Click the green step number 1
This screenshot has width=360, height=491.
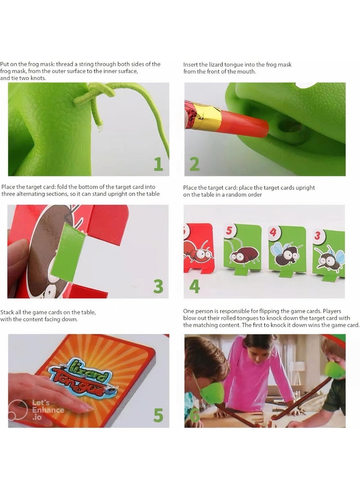(158, 163)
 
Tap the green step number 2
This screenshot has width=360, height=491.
(194, 163)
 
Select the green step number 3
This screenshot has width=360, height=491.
(158, 286)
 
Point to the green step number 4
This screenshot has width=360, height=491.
(194, 286)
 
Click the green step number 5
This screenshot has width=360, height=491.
(158, 415)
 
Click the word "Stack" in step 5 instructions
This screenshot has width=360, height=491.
(9, 312)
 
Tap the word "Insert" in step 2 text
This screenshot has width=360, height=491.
(191, 65)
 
